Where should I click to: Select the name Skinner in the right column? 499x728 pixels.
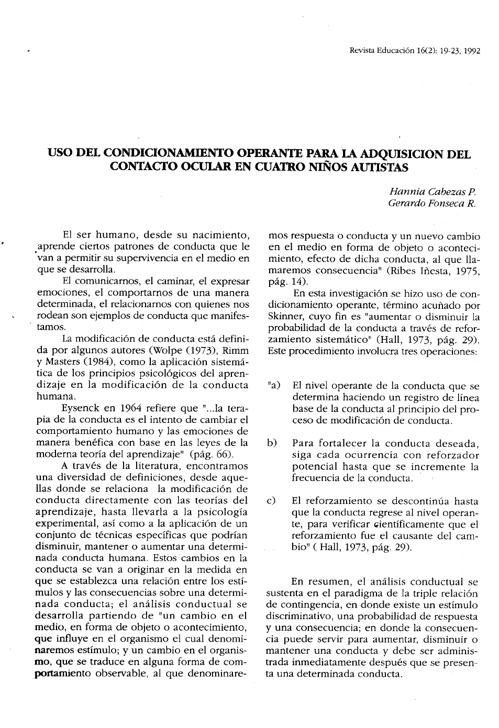pyautogui.click(x=284, y=317)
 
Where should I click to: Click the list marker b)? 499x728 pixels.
pyautogui.click(x=272, y=443)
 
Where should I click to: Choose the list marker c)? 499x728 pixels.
pyautogui.click(x=271, y=501)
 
